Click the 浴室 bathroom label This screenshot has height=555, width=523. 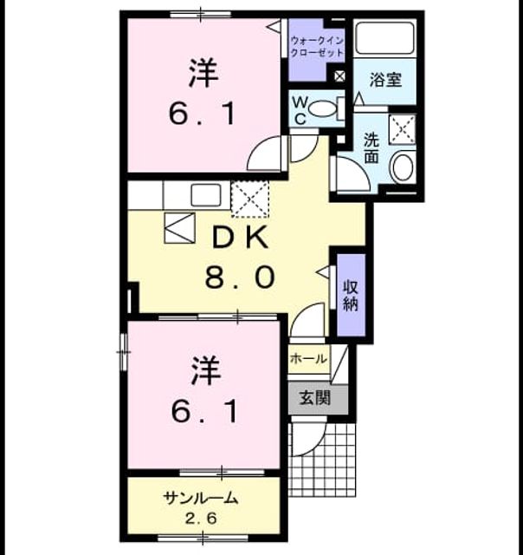coord(385,80)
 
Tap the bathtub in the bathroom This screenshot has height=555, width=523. coord(384,38)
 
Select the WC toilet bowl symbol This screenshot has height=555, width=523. coord(324,108)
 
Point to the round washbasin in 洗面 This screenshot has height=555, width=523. coord(403,166)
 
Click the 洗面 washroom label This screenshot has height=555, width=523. coord(371,147)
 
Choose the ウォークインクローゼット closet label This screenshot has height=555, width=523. coord(317,46)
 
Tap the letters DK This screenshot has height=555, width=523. coord(241,238)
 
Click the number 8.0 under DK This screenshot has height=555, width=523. coord(240,277)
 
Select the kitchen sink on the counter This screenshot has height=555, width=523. coord(206,195)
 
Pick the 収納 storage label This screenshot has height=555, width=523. coord(351,296)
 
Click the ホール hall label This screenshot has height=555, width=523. coord(308,358)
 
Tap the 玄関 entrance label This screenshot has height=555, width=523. coord(315,397)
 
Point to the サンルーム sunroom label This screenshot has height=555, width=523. coord(200,498)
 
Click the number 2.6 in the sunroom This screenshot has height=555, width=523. coord(200,519)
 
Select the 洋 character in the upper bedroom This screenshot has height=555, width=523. coord(203,74)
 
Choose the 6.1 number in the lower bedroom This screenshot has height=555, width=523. coord(204,411)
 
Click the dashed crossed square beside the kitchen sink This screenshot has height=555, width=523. coord(250,199)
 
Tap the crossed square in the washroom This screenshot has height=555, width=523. coord(403,129)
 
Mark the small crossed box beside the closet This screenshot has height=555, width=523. coord(339,76)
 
